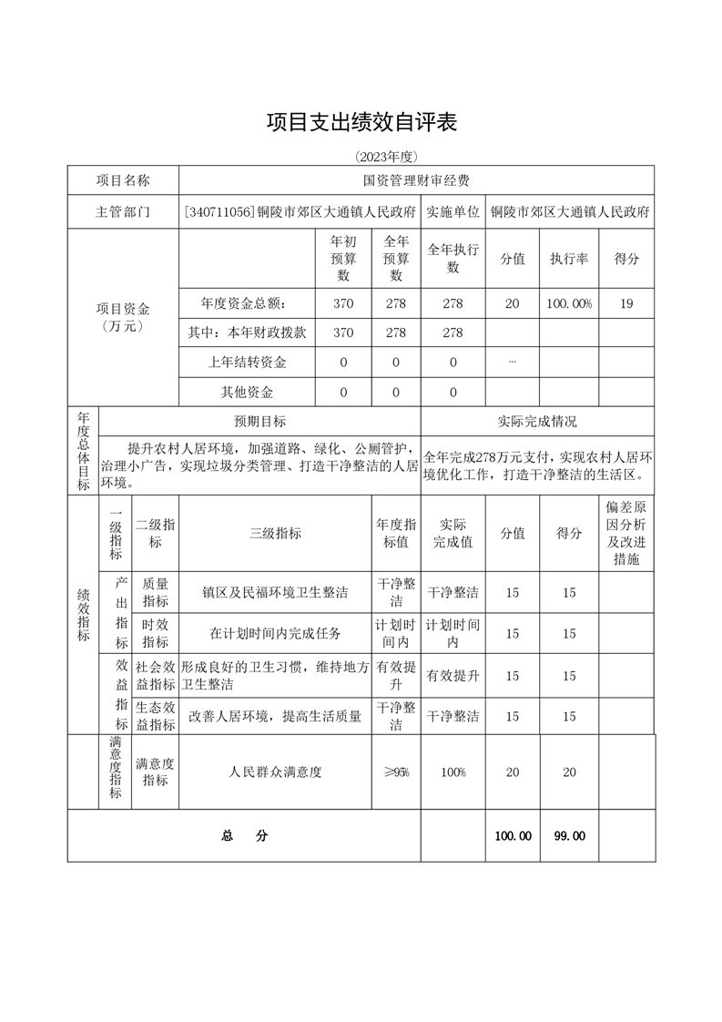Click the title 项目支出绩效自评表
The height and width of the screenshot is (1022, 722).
[x=361, y=121]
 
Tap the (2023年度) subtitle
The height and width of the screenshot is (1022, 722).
[x=361, y=156]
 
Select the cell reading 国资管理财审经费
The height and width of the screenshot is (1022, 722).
[x=416, y=181]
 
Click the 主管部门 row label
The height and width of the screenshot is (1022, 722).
[x=123, y=212]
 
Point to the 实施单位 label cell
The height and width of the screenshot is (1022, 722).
[x=453, y=212]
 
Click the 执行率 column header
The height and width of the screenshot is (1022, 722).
[x=569, y=259]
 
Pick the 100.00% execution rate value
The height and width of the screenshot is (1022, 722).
[x=569, y=303]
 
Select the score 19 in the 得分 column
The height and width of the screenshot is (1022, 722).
[x=626, y=303]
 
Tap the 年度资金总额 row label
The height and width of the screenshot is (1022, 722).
[x=247, y=303]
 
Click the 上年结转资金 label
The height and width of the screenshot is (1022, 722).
[x=247, y=363]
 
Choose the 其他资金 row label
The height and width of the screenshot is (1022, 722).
[x=247, y=393]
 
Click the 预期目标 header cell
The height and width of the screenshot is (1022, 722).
[x=259, y=422]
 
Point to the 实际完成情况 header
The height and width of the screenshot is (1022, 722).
[x=537, y=422]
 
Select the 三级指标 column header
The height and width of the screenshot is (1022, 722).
[x=275, y=534]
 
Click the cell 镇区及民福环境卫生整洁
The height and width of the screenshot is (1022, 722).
[x=275, y=593]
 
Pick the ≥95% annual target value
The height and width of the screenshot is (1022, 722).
[x=396, y=772]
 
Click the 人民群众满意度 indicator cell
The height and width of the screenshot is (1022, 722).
[x=275, y=772]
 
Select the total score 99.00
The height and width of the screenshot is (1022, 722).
[x=569, y=836]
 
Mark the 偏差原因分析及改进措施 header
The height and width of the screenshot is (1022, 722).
[x=626, y=533]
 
